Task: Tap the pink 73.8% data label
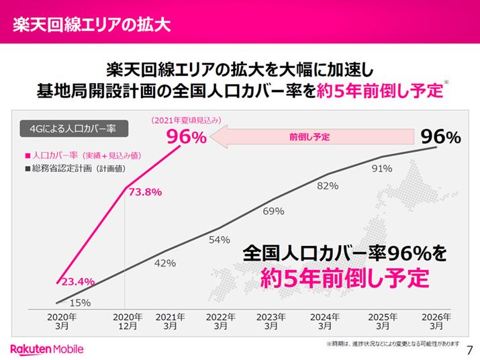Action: pyautogui.click(x=144, y=191)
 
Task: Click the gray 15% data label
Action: pyautogui.click(x=81, y=303)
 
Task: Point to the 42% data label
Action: pyautogui.click(x=164, y=263)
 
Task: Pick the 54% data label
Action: pyautogui.click(x=220, y=240)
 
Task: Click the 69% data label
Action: pyautogui.click(x=273, y=212)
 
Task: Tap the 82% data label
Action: pyautogui.click(x=327, y=185)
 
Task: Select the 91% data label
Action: pyautogui.click(x=381, y=169)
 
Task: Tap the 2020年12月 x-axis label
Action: pyautogui.click(x=128, y=321)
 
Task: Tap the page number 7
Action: pyautogui.click(x=469, y=349)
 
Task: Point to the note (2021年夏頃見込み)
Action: pyautogui.click(x=186, y=121)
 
